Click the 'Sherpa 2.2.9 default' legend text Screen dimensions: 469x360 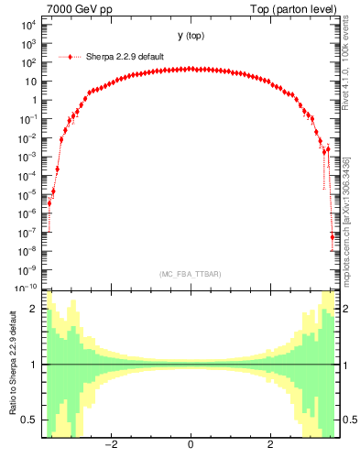pyautogui.click(x=125, y=56)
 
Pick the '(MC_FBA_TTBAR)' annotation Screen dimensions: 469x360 pyautogui.click(x=191, y=274)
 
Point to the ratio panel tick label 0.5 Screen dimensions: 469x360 pyautogui.click(x=30, y=420)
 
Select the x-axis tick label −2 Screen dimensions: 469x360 pyautogui.click(x=111, y=446)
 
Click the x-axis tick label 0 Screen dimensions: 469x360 pyautogui.click(x=191, y=446)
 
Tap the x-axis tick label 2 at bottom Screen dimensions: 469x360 pyautogui.click(x=269, y=446)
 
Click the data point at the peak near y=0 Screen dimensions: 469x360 pyautogui.click(x=191, y=68)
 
